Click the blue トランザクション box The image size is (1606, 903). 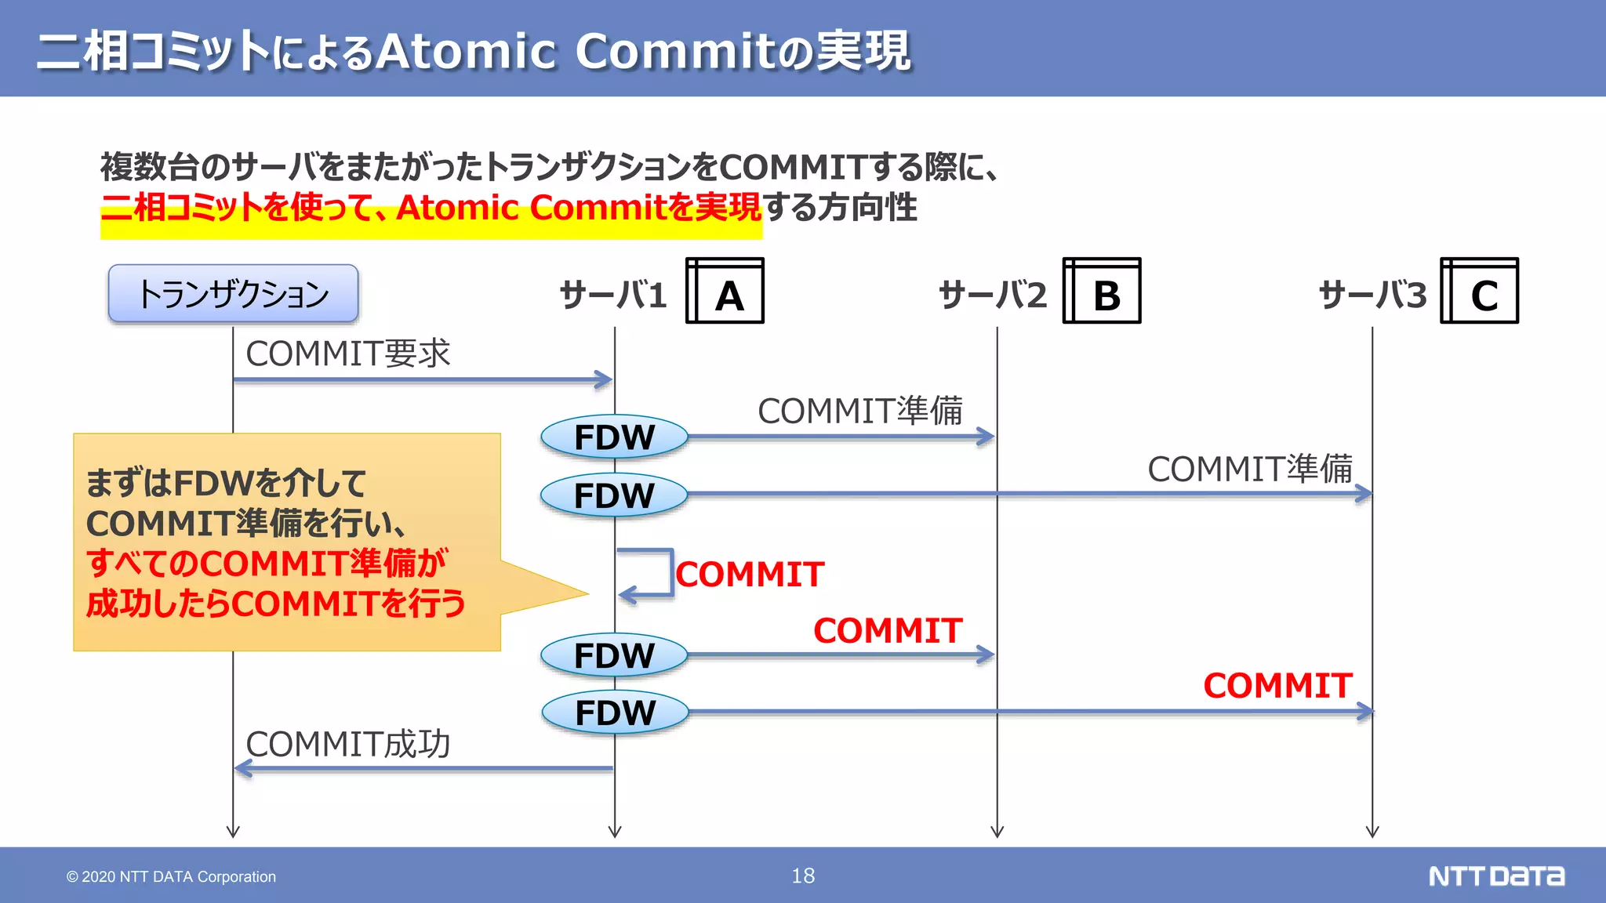coord(233,294)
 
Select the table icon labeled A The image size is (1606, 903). coord(725,291)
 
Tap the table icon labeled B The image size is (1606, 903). coord(1102,291)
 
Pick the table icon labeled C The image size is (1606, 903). coord(1480,291)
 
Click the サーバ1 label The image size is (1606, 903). coord(612,296)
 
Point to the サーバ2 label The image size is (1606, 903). coord(992,296)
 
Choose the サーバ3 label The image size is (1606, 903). coord(1372,296)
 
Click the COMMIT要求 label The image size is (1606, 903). coord(347,354)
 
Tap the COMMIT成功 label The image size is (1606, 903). coord(347,744)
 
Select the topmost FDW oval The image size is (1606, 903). coord(614,437)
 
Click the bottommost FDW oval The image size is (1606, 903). coord(615,713)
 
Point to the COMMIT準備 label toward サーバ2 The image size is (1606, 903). coord(859,411)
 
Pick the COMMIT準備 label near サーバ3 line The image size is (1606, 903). coord(1250,469)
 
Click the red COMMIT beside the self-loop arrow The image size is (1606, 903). coord(750,575)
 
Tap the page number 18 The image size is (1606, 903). coord(803,876)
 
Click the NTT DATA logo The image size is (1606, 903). coord(1496,876)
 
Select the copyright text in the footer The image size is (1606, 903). coord(171,876)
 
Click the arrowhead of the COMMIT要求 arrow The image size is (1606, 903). coord(604,380)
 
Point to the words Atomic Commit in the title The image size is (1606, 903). coord(641,52)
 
